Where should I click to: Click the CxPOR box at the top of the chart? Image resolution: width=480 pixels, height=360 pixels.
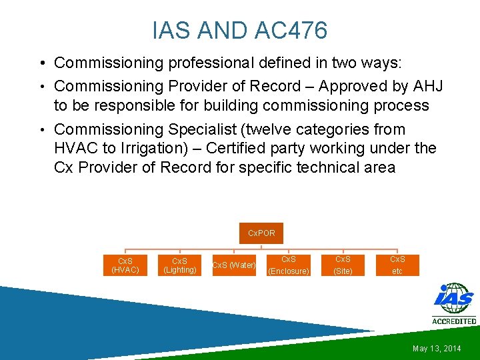point(261,233)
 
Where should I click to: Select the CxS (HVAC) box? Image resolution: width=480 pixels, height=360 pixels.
point(125,265)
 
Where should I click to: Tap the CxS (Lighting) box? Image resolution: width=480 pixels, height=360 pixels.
point(179,265)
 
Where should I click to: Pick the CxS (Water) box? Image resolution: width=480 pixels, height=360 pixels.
point(233,265)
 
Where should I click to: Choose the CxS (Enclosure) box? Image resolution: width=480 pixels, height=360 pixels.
point(288,265)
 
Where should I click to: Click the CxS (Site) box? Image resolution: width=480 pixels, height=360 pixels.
point(343,265)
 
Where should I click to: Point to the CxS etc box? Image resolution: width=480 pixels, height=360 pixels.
point(397,265)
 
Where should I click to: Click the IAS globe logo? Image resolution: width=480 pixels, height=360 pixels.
point(453,299)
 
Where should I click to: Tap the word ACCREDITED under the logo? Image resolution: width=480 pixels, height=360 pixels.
point(454,321)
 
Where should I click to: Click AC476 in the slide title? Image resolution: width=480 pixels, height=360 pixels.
point(291,30)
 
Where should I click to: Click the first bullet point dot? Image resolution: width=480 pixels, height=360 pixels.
point(42,63)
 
